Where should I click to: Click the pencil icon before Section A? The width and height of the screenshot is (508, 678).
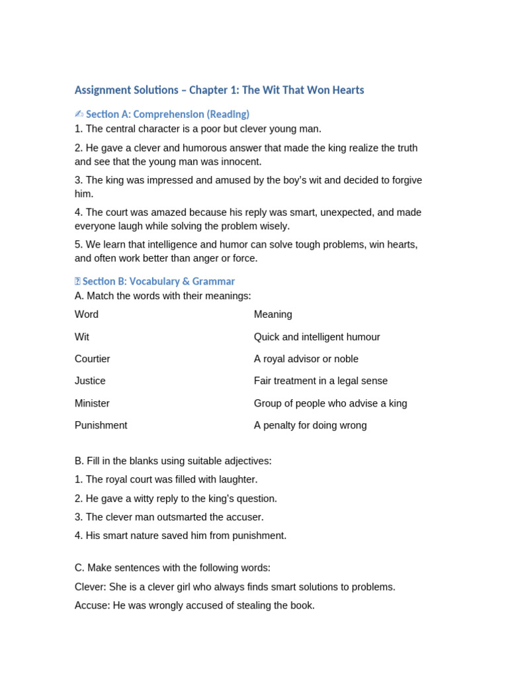79,114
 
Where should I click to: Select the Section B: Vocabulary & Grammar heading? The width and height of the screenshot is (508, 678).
158,281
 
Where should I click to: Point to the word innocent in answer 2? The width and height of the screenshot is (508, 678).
241,162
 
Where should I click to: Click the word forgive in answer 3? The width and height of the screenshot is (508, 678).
404,180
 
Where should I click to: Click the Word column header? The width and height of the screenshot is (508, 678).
87,315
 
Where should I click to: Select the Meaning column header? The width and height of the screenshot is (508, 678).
273,315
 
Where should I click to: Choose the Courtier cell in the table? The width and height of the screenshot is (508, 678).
93,359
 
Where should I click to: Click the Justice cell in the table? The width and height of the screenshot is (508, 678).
90,381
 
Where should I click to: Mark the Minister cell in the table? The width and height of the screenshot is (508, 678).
92,403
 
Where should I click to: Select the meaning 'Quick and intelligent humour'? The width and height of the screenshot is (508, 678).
317,337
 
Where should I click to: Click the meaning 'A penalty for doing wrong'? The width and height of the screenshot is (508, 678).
310,426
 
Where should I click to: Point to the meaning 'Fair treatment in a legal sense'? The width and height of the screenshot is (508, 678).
321,381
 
